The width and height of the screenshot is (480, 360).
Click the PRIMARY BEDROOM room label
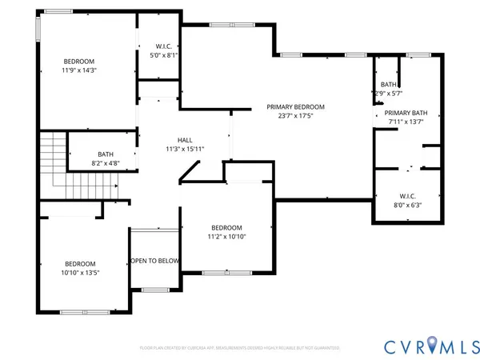[295, 106]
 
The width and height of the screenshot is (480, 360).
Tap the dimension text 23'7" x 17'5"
[295, 115]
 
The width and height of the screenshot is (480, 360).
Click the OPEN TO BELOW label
[155, 261]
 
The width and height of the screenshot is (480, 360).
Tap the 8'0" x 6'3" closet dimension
[407, 205]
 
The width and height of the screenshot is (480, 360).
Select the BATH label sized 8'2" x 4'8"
[106, 154]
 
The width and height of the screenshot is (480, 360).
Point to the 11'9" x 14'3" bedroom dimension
[80, 70]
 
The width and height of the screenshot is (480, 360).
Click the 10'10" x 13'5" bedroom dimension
[80, 273]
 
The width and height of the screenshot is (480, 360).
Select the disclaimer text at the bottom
[240, 348]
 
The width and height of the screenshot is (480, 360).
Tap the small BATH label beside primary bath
[389, 84]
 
